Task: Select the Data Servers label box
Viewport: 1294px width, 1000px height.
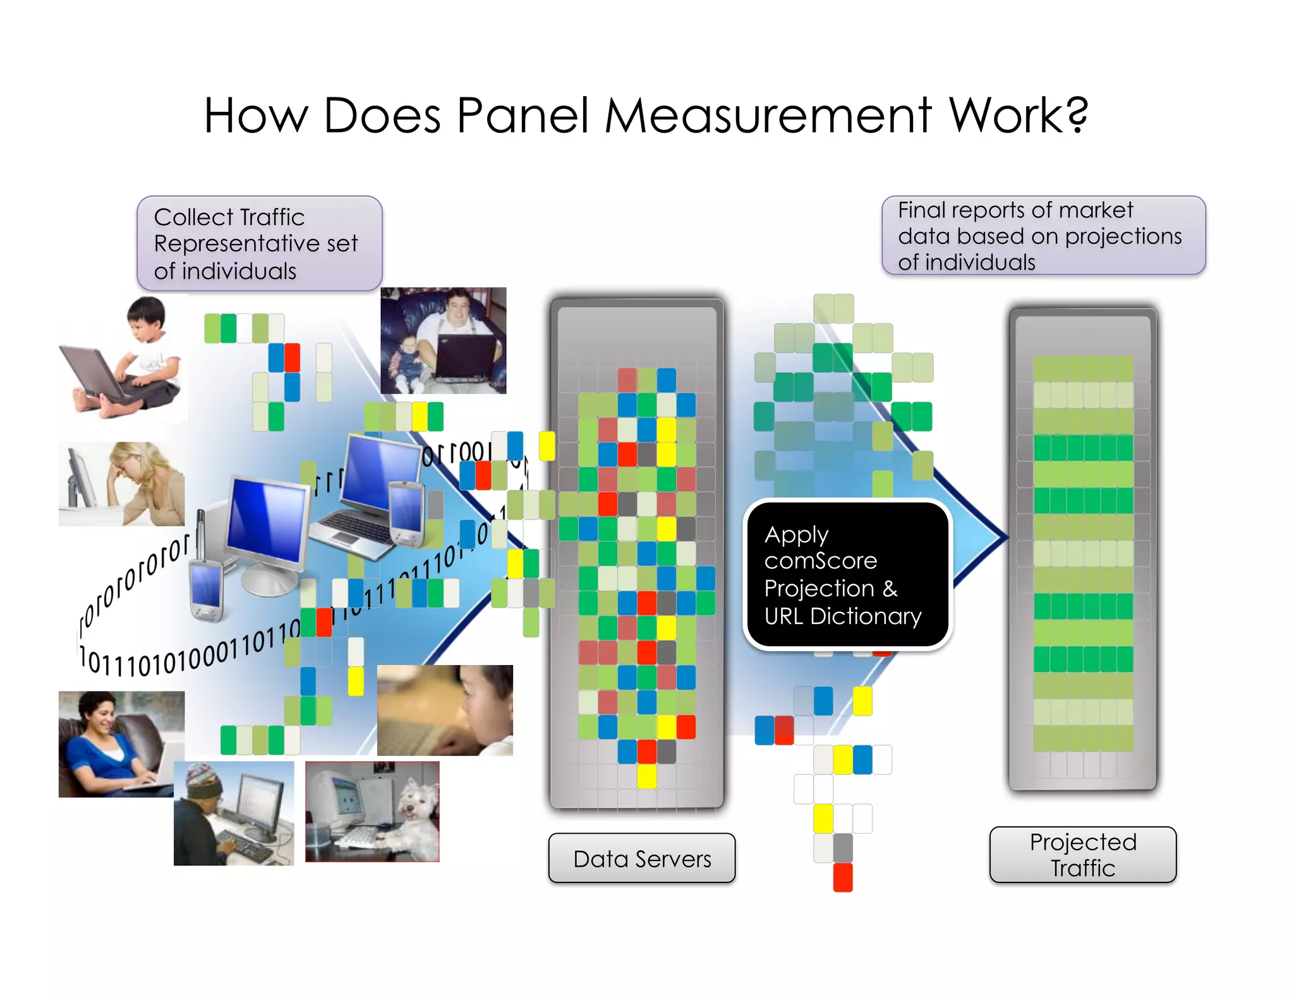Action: (642, 858)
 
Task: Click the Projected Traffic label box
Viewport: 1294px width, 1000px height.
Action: (1082, 855)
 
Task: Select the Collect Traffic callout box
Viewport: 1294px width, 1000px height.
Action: (259, 243)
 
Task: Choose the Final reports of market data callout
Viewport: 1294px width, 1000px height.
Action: (1043, 236)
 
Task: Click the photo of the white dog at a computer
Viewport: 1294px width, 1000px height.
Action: (372, 812)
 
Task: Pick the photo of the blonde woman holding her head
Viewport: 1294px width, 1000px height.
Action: (121, 484)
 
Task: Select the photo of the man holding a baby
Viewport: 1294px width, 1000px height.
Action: (443, 341)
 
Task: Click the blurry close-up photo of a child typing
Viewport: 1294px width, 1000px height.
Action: (445, 710)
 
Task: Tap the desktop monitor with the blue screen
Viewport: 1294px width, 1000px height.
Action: (268, 521)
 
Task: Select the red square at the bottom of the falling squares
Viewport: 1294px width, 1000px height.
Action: (843, 877)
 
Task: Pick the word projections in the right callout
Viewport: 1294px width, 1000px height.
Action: (1123, 236)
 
